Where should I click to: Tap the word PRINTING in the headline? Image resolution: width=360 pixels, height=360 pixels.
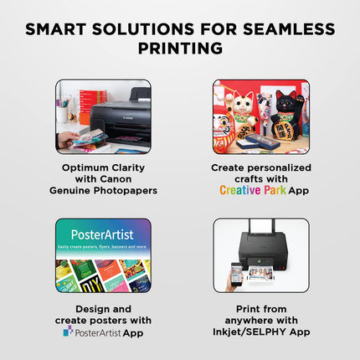point(180,49)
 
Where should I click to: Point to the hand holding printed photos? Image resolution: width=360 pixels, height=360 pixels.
point(70,139)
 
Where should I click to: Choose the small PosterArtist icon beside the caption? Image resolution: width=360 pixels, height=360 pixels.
point(68,332)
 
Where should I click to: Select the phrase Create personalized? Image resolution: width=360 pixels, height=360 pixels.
point(260,167)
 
